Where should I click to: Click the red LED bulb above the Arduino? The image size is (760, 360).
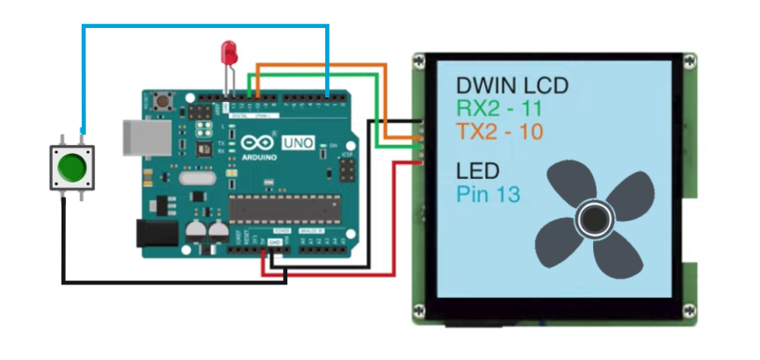pyautogui.click(x=231, y=51)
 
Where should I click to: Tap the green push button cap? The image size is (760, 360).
pyautogui.click(x=71, y=166)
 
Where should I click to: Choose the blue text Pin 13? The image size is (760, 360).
pyautogui.click(x=489, y=194)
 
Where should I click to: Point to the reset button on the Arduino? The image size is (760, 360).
pyautogui.click(x=163, y=100)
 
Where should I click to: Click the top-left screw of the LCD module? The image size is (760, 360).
pyautogui.click(x=420, y=62)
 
